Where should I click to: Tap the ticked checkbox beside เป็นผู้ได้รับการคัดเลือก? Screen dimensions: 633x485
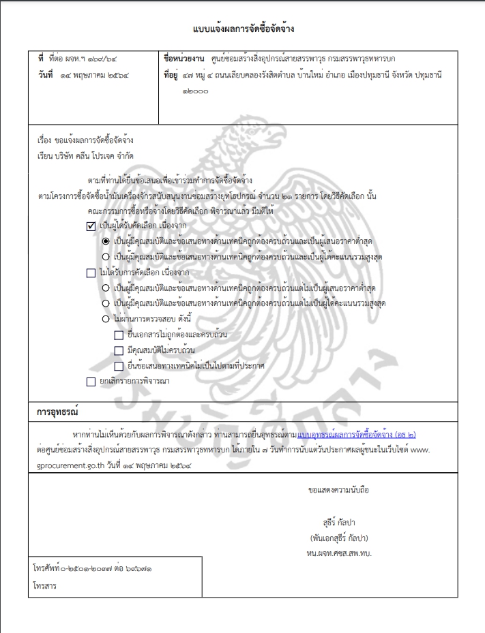point(91,226)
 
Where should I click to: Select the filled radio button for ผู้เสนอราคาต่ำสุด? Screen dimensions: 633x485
point(106,241)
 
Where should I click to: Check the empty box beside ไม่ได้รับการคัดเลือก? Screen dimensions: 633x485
point(91,273)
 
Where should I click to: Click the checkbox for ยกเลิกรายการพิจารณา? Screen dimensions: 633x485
point(91,382)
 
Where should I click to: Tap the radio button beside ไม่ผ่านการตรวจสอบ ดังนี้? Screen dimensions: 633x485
point(106,318)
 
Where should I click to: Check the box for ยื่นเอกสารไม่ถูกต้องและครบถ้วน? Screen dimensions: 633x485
point(119,335)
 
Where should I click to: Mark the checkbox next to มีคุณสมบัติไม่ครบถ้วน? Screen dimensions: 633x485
point(119,351)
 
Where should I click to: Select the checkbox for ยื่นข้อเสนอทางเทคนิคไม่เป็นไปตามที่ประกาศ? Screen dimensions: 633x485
point(119,367)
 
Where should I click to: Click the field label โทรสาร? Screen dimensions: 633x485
point(46,585)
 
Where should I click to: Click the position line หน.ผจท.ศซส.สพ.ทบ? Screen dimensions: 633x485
point(339,552)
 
